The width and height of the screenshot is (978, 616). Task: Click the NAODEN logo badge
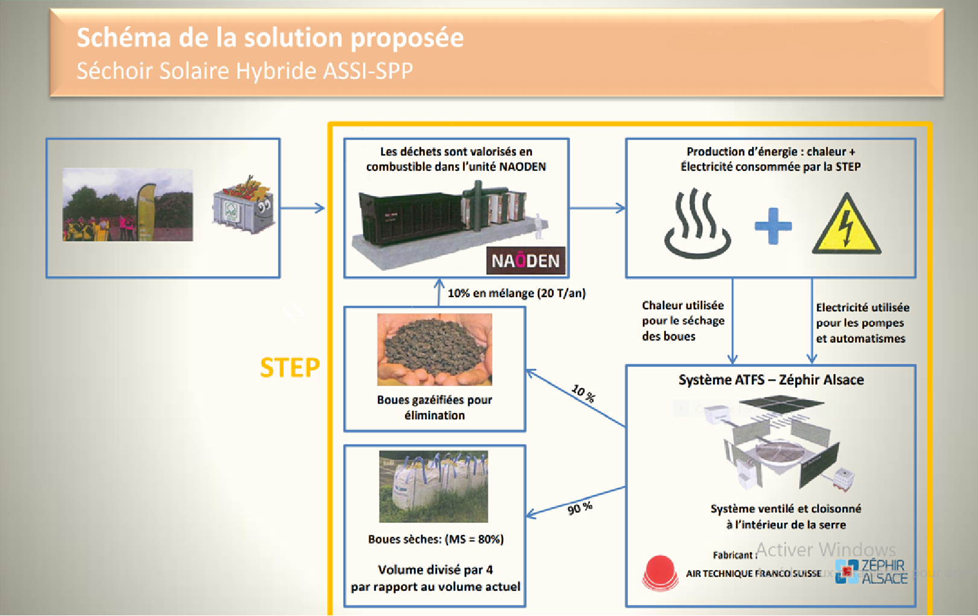[525, 261]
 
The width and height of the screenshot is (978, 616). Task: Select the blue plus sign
[773, 226]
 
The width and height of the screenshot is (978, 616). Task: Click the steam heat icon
[697, 223]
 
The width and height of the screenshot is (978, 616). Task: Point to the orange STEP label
[290, 368]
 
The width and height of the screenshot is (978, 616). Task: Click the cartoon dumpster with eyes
[243, 206]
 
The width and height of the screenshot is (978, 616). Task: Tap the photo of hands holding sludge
[435, 349]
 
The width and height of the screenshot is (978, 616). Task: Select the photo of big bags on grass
[433, 486]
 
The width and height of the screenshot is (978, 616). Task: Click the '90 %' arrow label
[580, 509]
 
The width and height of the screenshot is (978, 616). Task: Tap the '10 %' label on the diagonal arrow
[583, 393]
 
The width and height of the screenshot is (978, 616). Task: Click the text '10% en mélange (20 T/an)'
[516, 294]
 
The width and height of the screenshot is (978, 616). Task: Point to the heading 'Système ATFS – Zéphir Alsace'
[771, 380]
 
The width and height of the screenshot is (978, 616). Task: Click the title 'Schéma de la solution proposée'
[270, 38]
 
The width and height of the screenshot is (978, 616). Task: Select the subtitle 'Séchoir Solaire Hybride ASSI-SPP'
[245, 71]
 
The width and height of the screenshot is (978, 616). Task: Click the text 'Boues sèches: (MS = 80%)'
[435, 539]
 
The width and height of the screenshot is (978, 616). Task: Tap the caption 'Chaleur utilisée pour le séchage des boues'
[683, 321]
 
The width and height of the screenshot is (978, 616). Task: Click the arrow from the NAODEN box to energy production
[596, 208]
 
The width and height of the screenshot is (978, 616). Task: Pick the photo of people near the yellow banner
[127, 205]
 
